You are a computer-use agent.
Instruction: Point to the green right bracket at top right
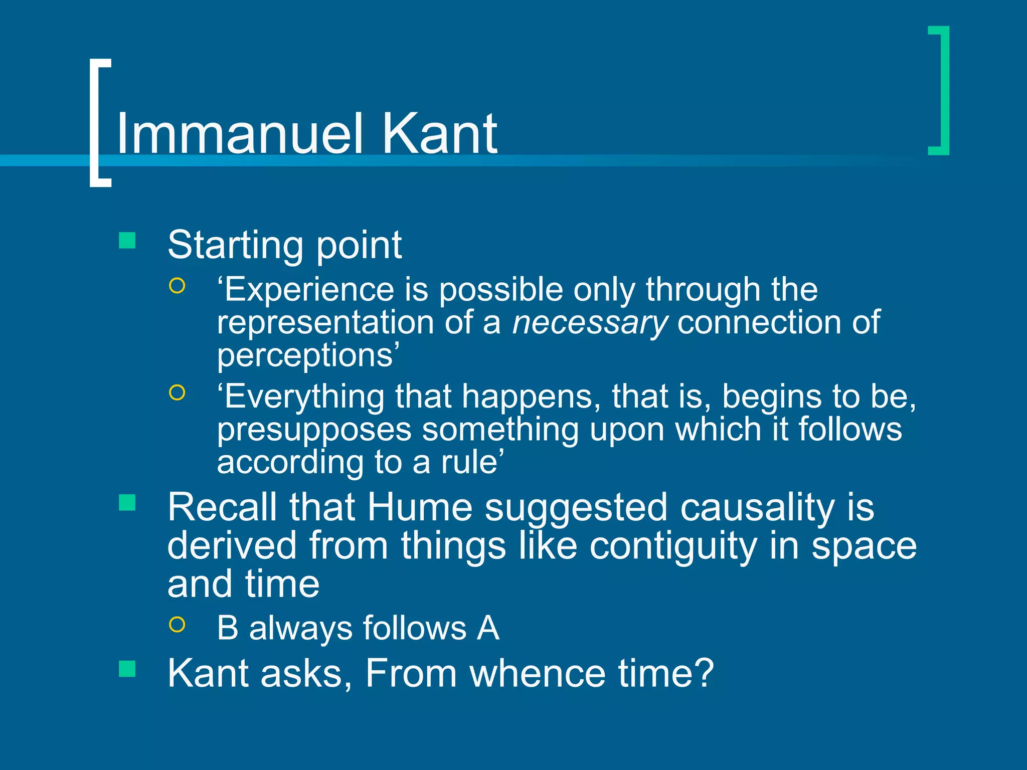click(943, 90)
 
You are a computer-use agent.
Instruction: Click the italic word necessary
click(590, 323)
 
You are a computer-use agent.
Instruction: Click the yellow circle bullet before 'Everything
click(177, 393)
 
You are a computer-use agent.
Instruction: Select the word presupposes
click(314, 430)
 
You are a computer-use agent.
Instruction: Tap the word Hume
click(420, 507)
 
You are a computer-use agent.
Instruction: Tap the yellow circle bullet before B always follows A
click(177, 624)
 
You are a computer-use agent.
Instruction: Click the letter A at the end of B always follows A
click(488, 628)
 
